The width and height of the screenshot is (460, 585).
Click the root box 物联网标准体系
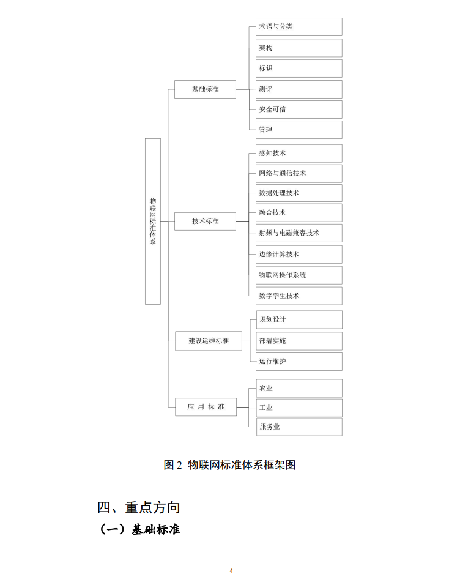click(152, 222)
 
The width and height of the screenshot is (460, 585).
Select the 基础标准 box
click(205, 89)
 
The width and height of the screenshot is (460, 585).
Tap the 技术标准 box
click(205, 222)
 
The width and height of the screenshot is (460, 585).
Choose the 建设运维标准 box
click(209, 341)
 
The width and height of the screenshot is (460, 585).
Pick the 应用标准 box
click(206, 407)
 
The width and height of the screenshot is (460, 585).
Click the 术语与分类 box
click(299, 27)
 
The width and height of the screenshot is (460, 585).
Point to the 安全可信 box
click(299, 110)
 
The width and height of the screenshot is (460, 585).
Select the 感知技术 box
click(299, 154)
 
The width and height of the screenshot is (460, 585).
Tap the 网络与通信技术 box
click(299, 174)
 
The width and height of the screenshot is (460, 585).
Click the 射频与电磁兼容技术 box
click(299, 233)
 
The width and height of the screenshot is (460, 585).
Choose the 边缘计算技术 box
click(299, 255)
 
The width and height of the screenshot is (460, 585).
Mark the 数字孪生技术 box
click(299, 296)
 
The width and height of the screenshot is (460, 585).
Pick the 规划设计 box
click(299, 320)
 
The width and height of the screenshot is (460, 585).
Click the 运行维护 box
click(299, 362)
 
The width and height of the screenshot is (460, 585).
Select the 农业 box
click(299, 389)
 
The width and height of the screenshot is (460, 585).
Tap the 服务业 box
click(299, 427)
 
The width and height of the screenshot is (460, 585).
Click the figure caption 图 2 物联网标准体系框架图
click(229, 465)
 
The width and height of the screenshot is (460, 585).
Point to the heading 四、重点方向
click(139, 507)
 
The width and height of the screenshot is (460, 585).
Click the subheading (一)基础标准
click(139, 529)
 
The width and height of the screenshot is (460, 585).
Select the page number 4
click(231, 571)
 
